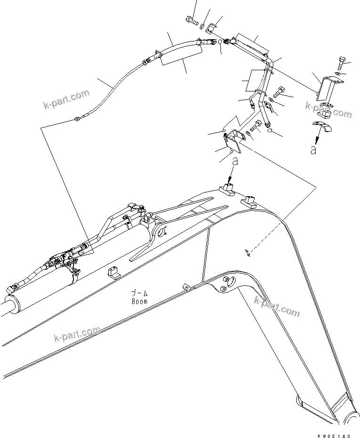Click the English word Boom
pyautogui.click(x=139, y=301)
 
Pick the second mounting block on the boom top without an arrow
pyautogui.click(x=249, y=202)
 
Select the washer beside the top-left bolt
pyautogui.click(x=201, y=27)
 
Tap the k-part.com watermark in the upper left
pyautogui.click(x=66, y=99)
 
